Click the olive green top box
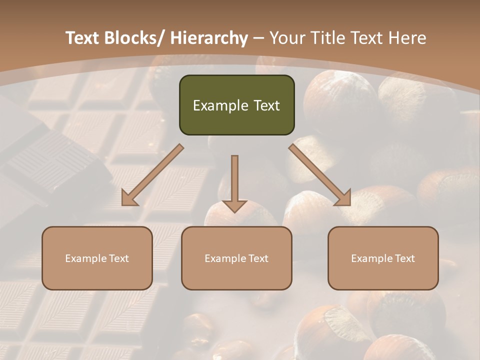pos(236,105)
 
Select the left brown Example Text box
pos(97,258)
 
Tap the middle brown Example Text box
pos(236,258)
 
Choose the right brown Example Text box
pos(383,258)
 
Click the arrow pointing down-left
pos(152,175)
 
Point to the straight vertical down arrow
pos(234,183)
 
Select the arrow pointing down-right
pos(320,175)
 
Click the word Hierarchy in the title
pos(209,38)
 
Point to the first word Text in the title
pos(83,38)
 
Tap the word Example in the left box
pos(85,258)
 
